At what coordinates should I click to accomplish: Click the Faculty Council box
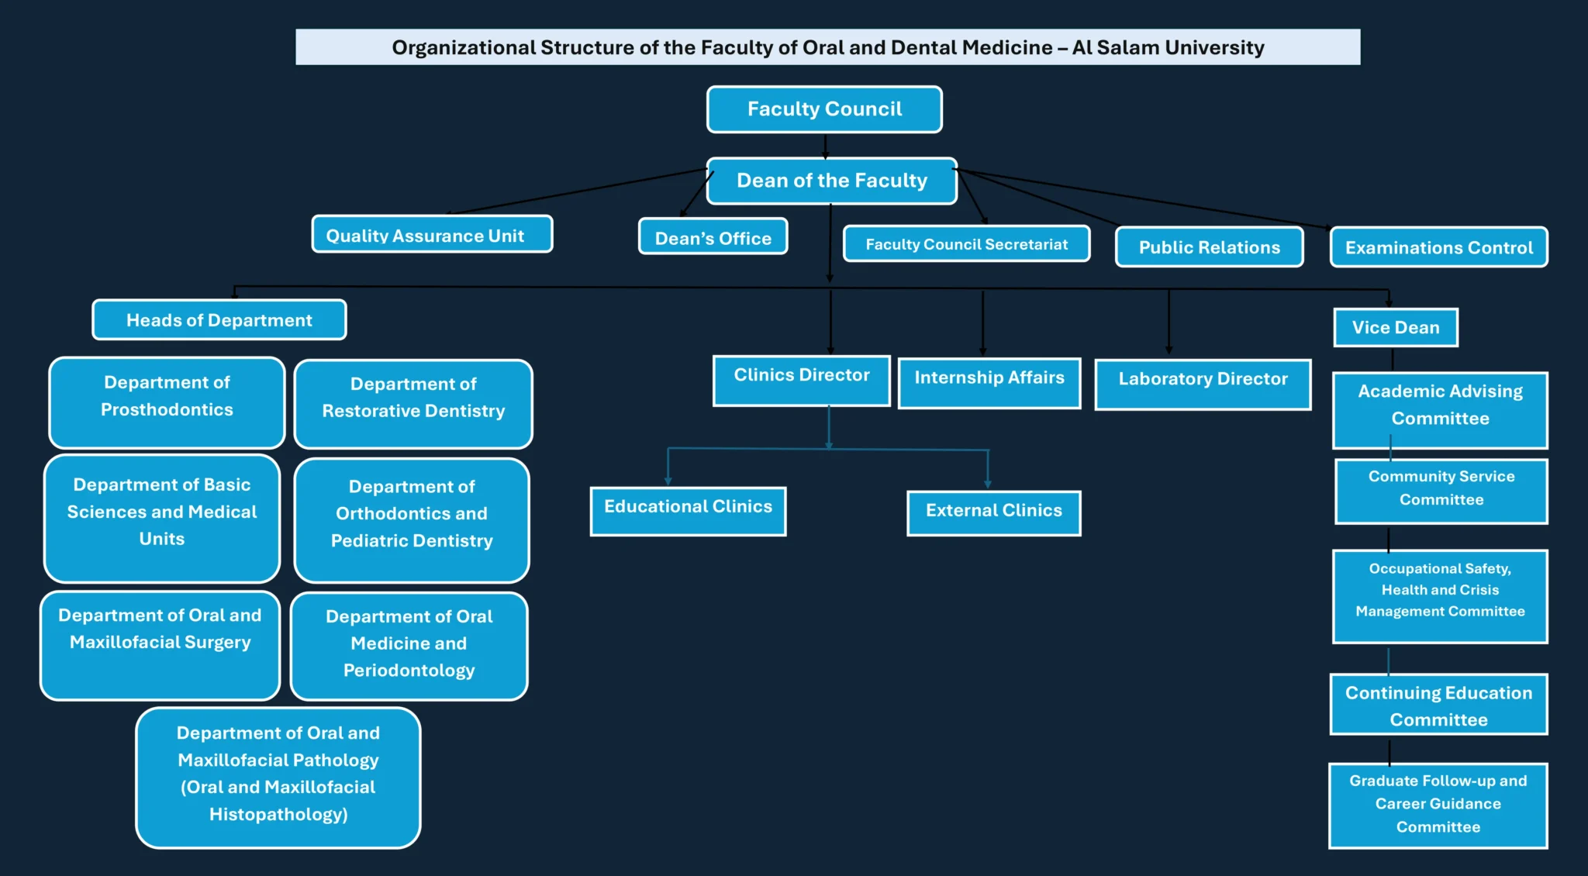pyautogui.click(x=824, y=109)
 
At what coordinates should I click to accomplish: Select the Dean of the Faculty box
pyautogui.click(x=831, y=181)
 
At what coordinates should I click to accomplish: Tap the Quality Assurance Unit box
pyautogui.click(x=432, y=235)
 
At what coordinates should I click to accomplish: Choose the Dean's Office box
pyautogui.click(x=713, y=237)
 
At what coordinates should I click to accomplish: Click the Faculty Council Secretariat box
pyautogui.click(x=966, y=244)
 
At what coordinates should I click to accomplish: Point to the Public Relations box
pyautogui.click(x=1209, y=247)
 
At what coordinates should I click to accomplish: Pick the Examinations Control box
pyautogui.click(x=1438, y=247)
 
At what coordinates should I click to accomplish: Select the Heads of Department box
pyautogui.click(x=219, y=320)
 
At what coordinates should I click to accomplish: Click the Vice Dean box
pyautogui.click(x=1395, y=327)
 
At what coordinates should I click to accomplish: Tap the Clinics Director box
pyautogui.click(x=801, y=380)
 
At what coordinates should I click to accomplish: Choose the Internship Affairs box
pyautogui.click(x=989, y=382)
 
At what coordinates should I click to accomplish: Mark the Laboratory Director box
pyautogui.click(x=1203, y=384)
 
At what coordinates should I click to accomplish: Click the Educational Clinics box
pyautogui.click(x=688, y=511)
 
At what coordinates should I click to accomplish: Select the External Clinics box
pyautogui.click(x=993, y=512)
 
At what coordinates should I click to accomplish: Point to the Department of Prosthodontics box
pyautogui.click(x=167, y=402)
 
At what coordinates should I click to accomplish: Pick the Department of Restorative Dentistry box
pyautogui.click(x=413, y=404)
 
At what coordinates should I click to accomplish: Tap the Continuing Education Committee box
pyautogui.click(x=1438, y=705)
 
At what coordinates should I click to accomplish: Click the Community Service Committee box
pyautogui.click(x=1441, y=491)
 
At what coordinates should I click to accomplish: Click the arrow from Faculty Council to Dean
pyautogui.click(x=825, y=147)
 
